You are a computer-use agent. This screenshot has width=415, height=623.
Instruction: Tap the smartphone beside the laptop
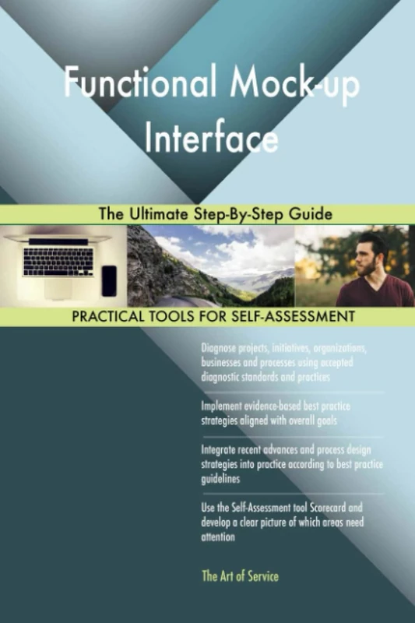click(x=108, y=280)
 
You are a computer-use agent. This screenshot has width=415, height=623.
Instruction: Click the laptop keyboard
click(x=58, y=262)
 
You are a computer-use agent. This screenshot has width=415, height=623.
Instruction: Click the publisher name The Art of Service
click(x=240, y=576)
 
